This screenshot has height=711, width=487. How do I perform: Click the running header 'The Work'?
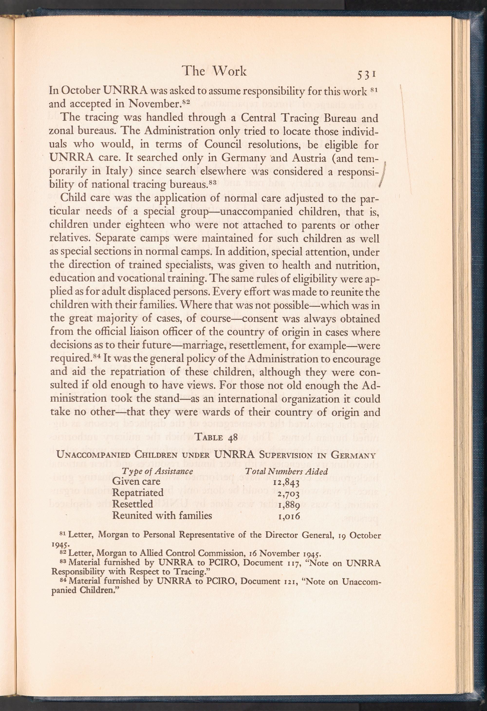coord(214,71)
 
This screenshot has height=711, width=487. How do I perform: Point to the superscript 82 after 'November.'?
coord(186,102)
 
